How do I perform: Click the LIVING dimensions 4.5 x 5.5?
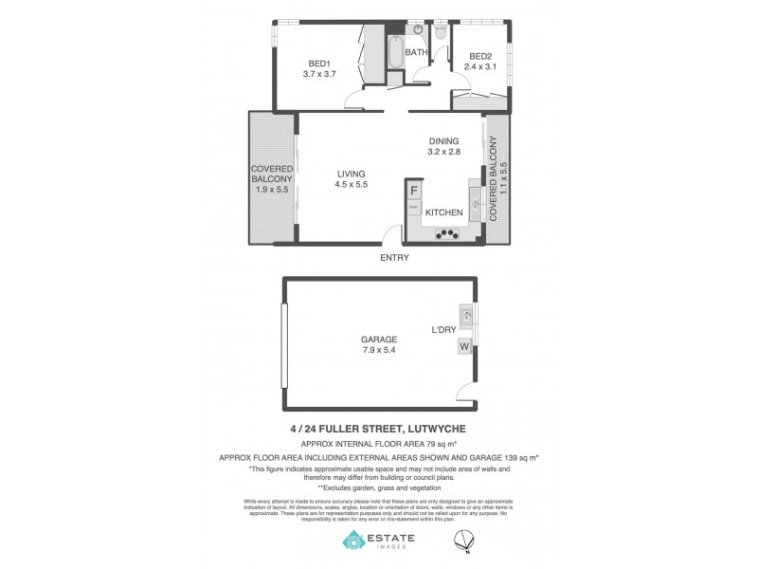tap(350, 185)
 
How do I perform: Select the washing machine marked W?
tap(464, 347)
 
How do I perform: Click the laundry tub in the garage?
tap(465, 315)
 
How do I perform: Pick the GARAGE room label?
tap(378, 339)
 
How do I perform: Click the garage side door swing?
tap(465, 395)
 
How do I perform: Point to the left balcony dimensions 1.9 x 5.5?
tap(271, 190)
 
